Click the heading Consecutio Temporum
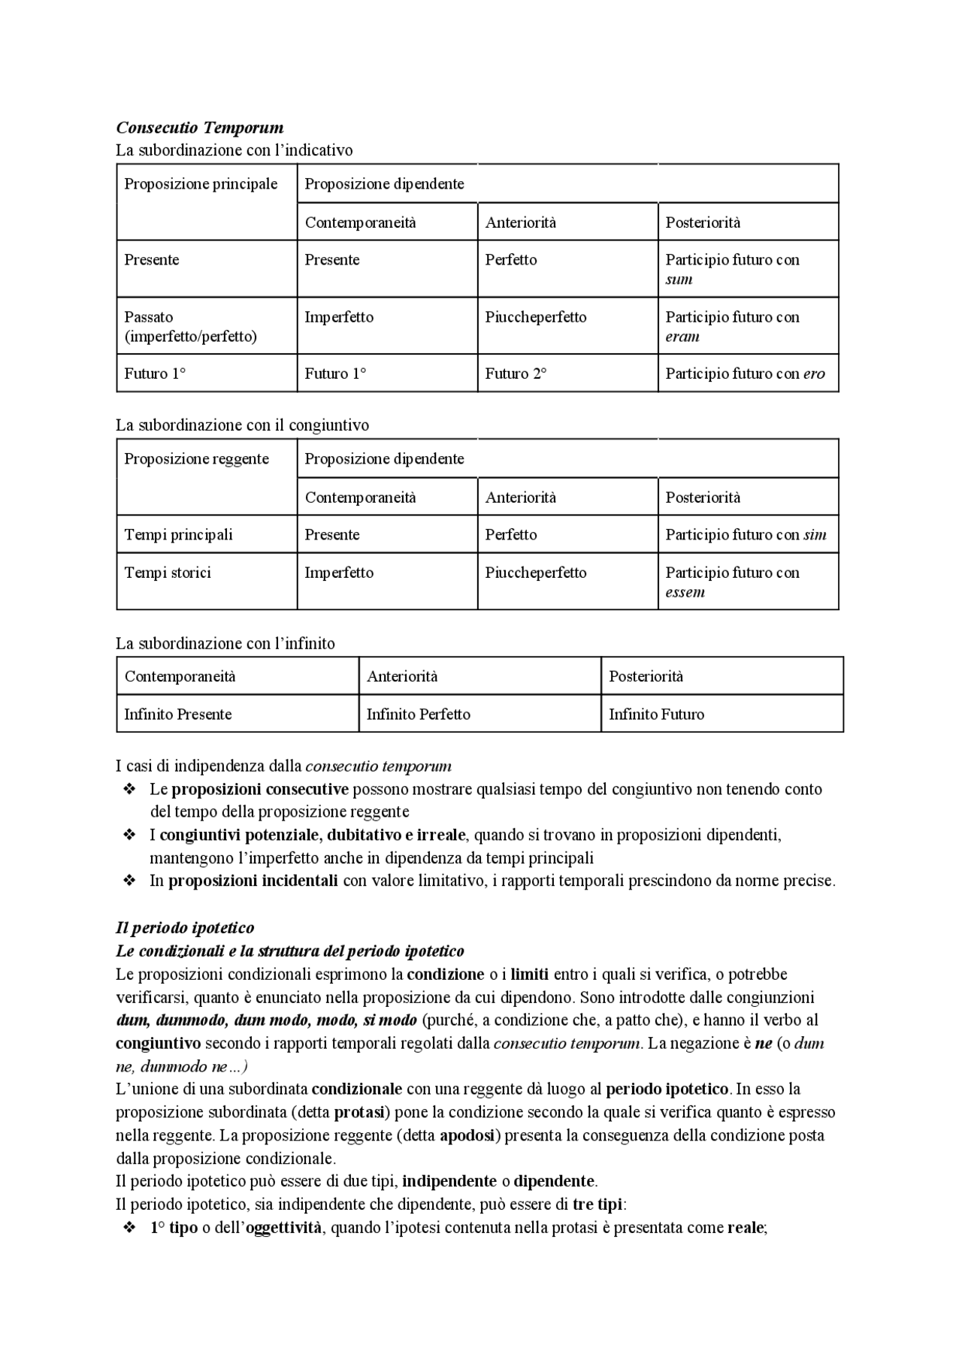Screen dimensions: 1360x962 click(x=199, y=128)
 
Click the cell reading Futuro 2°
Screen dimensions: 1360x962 click(x=516, y=373)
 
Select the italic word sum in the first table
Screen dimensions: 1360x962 click(x=679, y=280)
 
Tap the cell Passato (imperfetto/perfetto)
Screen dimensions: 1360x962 click(x=190, y=326)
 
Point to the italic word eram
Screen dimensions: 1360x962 click(x=682, y=337)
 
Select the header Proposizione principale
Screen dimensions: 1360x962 click(x=201, y=184)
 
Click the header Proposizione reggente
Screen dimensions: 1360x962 click(x=196, y=459)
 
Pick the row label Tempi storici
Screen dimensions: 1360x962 click(x=168, y=573)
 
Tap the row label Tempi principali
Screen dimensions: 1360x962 click(x=178, y=535)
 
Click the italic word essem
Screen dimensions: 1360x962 click(x=685, y=592)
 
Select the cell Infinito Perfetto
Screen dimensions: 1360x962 click(x=418, y=715)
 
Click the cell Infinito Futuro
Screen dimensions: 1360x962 click(x=656, y=715)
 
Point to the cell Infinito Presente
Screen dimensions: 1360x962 click(x=177, y=715)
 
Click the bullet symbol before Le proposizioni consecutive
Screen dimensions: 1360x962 click(x=129, y=790)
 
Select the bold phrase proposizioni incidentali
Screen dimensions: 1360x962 click(x=253, y=881)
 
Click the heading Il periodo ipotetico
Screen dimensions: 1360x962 click(x=185, y=928)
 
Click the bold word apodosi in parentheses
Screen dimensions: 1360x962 click(x=466, y=1135)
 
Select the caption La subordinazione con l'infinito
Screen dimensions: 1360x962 click(x=225, y=644)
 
